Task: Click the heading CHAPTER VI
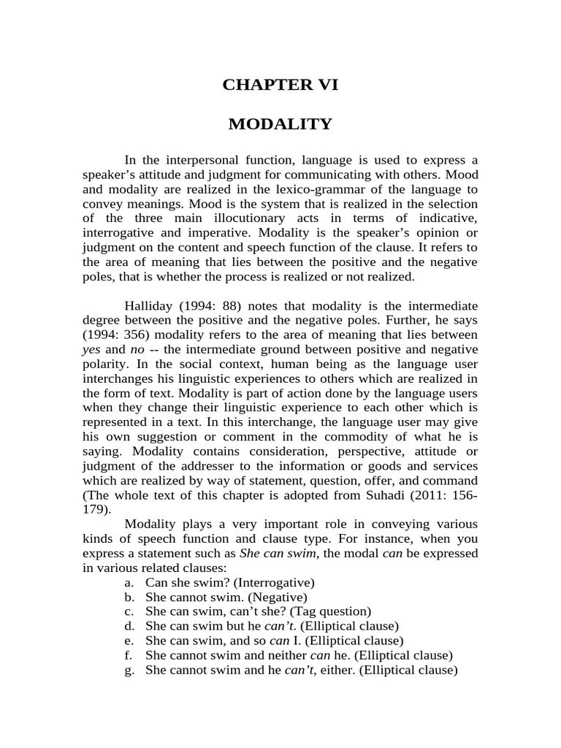tap(280, 85)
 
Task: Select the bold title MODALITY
tap(280, 124)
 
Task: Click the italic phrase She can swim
tap(271, 553)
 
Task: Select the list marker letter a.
tap(129, 582)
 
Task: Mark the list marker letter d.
tap(129, 626)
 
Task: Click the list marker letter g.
tap(129, 670)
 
